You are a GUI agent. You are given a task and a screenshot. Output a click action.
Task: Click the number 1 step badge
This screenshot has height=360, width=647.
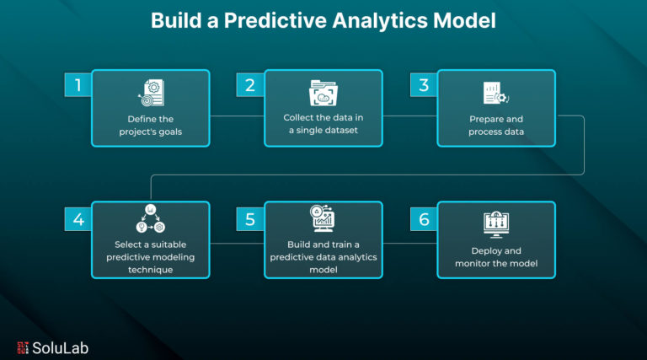[x=78, y=85]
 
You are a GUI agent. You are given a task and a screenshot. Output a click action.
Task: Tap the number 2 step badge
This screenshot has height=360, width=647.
[x=250, y=85]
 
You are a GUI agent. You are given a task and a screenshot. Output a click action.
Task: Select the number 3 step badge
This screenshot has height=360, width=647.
[x=424, y=85]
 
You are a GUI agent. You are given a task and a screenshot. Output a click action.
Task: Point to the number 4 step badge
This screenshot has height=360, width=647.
[x=78, y=219]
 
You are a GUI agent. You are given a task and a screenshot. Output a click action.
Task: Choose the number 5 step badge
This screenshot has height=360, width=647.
[x=250, y=219]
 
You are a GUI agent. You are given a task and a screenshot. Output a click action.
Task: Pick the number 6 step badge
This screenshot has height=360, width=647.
[x=424, y=219]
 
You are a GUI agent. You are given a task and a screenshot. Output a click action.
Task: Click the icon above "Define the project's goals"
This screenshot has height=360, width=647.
[x=151, y=93]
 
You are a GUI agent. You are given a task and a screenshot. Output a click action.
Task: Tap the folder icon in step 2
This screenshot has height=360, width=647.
[x=323, y=93]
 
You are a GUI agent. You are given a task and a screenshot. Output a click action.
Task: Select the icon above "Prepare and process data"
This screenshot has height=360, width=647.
[x=496, y=93]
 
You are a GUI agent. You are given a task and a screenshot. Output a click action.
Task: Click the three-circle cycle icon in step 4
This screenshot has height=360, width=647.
[x=151, y=218]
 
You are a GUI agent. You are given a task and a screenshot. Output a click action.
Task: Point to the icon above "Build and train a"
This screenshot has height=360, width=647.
[x=323, y=218]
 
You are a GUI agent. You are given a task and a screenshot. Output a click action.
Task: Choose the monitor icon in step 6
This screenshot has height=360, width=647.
[x=496, y=224]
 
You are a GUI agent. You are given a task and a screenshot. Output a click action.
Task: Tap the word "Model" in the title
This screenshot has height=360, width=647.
[x=464, y=20]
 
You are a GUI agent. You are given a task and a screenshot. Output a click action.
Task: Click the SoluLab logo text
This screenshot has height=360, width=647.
[x=61, y=348]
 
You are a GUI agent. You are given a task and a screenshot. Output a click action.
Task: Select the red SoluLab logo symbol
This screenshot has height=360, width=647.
[x=23, y=347]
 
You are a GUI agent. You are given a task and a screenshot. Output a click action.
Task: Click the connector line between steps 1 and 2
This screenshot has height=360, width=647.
[x=238, y=116]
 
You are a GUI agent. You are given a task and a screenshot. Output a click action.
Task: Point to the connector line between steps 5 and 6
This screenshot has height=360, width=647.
[x=410, y=243]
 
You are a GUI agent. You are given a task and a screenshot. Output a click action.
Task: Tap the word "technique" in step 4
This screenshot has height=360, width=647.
[x=150, y=270]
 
